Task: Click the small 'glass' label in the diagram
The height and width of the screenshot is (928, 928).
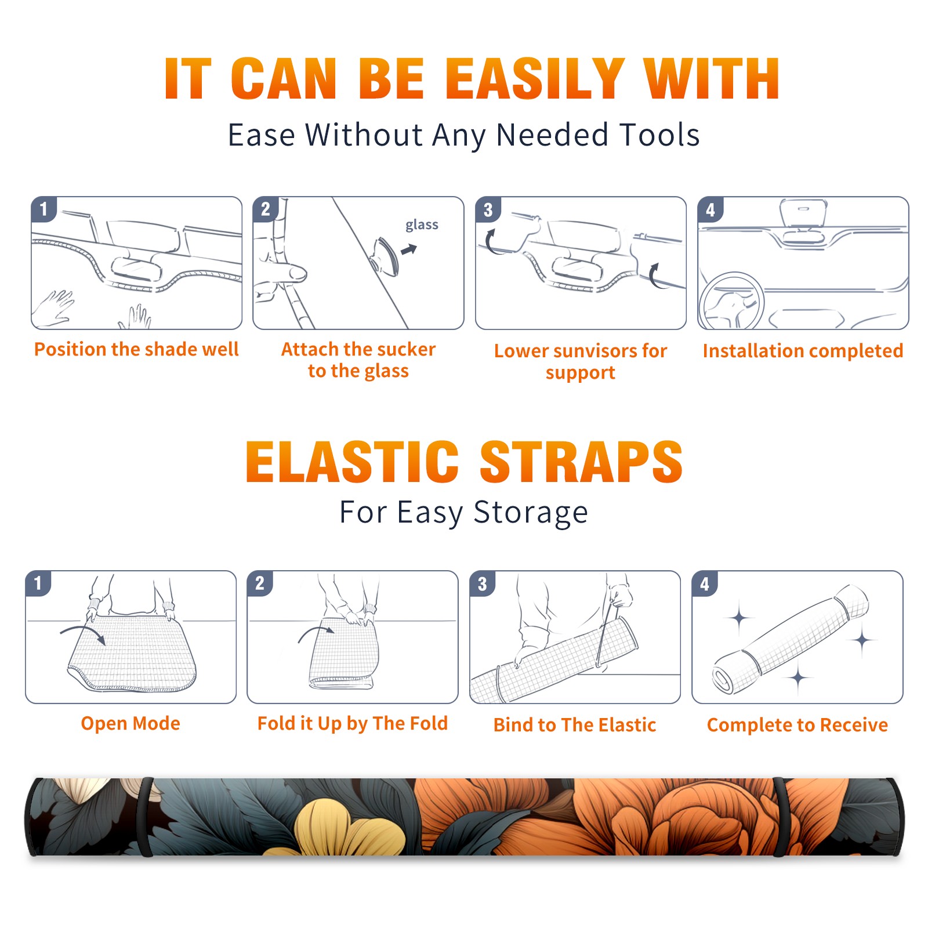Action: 422,225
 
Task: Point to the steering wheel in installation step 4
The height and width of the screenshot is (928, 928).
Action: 731,302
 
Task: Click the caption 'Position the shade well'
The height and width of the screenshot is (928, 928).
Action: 136,349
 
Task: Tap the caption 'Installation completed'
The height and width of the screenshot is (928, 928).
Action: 803,351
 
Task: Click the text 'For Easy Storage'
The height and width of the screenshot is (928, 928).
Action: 463,513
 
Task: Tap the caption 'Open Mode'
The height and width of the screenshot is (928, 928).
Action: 130,723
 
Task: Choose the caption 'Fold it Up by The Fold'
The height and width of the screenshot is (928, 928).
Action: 353,724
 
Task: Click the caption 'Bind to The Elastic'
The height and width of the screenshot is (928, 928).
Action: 575,725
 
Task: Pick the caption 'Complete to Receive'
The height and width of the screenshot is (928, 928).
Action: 797,725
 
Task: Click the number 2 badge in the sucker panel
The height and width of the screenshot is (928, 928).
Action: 266,209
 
